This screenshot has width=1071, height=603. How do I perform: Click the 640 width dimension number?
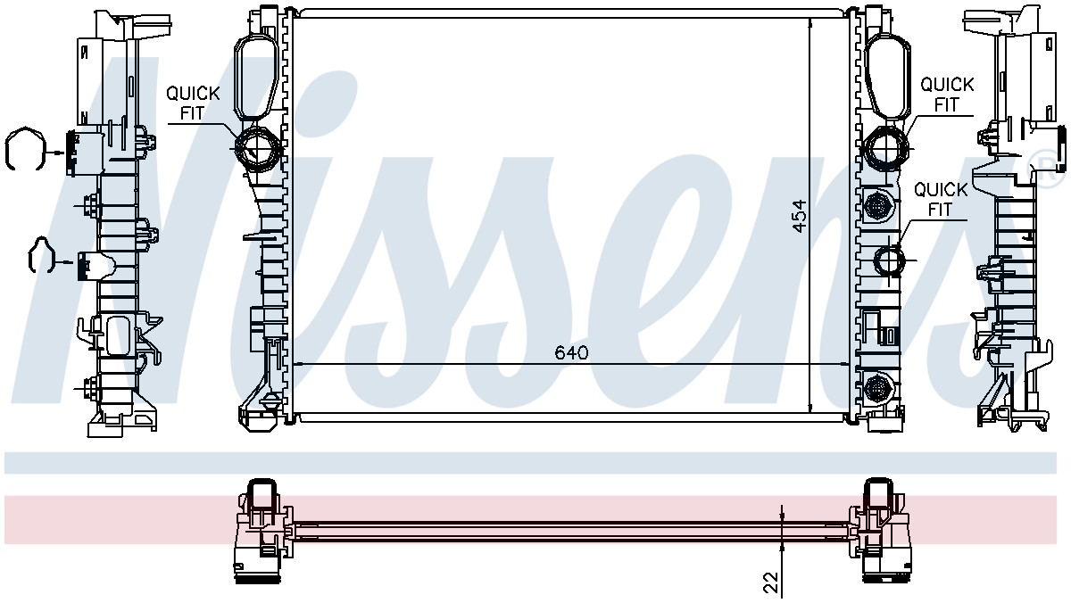pyautogui.click(x=571, y=352)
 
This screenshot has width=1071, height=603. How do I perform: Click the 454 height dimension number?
pyautogui.click(x=799, y=217)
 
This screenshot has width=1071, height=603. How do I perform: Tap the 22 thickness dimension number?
pyautogui.click(x=770, y=582)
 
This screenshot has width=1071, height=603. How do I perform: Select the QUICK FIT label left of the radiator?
pyautogui.click(x=193, y=103)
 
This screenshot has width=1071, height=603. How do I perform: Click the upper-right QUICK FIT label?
pyautogui.click(x=947, y=95)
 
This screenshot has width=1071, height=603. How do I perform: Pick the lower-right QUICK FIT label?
pyautogui.click(x=941, y=200)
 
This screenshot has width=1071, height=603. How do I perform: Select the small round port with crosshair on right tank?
pyautogui.click(x=889, y=260)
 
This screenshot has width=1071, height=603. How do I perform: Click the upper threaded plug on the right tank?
pyautogui.click(x=876, y=205)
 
